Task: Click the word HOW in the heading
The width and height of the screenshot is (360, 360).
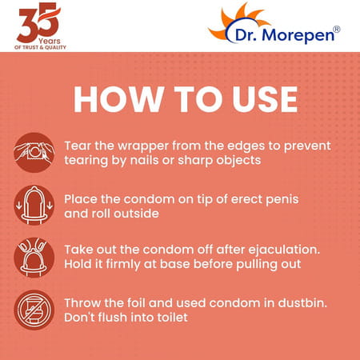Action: click(x=114, y=98)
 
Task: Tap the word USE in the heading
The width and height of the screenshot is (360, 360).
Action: click(x=259, y=98)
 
